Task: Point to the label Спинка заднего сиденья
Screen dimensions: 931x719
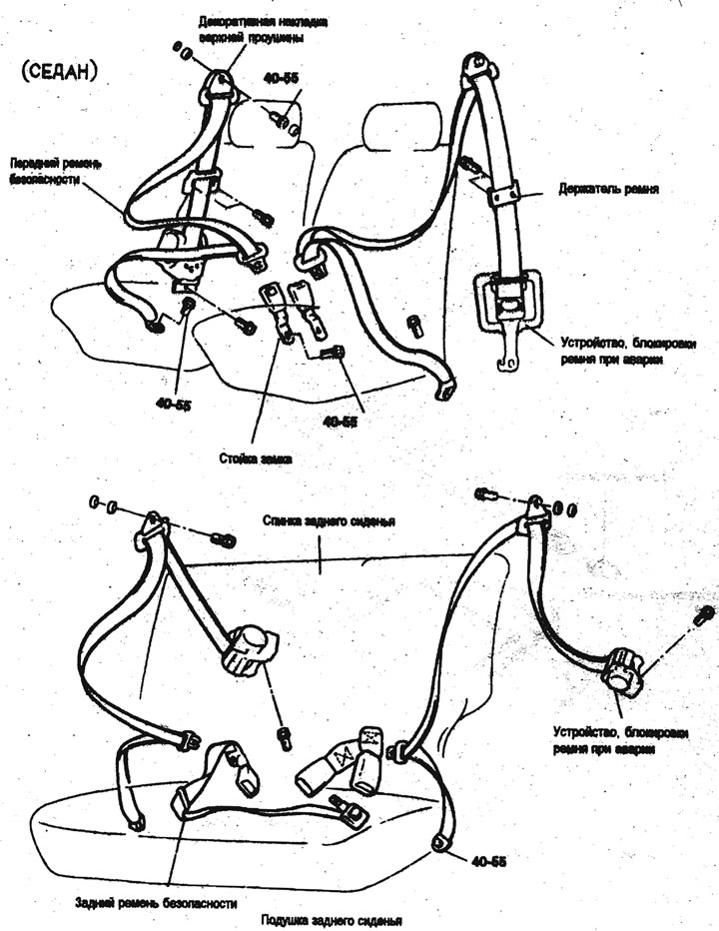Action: pyautogui.click(x=330, y=521)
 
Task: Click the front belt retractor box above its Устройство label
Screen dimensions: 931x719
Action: pyautogui.click(x=508, y=297)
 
